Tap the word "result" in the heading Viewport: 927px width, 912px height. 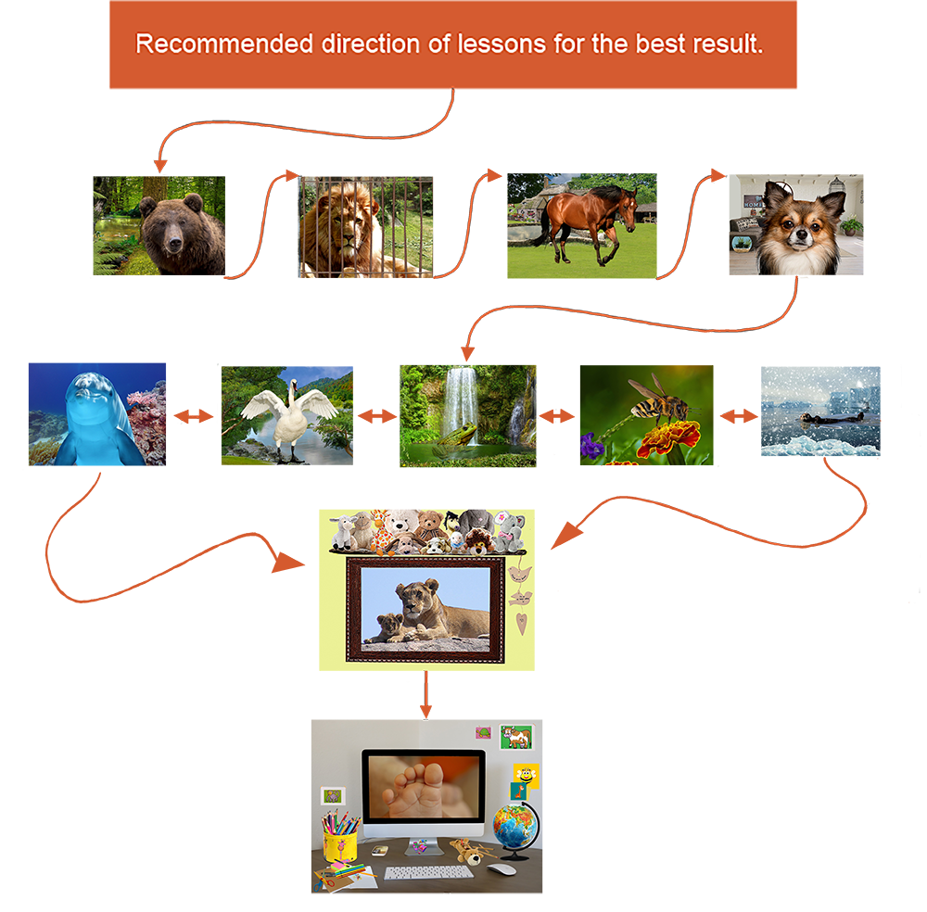(x=731, y=44)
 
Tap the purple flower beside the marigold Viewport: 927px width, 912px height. (x=592, y=448)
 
